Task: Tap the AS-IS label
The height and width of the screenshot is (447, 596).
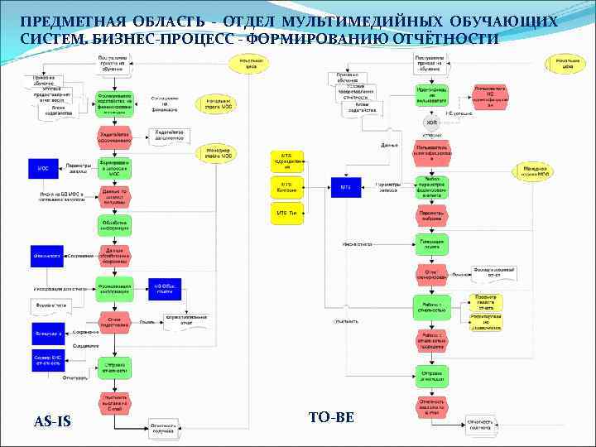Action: pyautogui.click(x=52, y=422)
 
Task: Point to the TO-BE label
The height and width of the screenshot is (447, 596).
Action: pyautogui.click(x=330, y=417)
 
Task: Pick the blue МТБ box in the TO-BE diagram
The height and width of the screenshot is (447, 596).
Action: pyautogui.click(x=346, y=188)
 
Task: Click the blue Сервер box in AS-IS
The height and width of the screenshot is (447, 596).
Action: pyautogui.click(x=47, y=361)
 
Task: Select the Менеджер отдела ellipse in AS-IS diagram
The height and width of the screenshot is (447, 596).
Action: pyautogui.click(x=218, y=153)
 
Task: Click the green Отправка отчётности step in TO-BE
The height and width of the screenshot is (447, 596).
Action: pyautogui.click(x=431, y=375)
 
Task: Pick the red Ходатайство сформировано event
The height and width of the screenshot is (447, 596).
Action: pyautogui.click(x=114, y=137)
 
